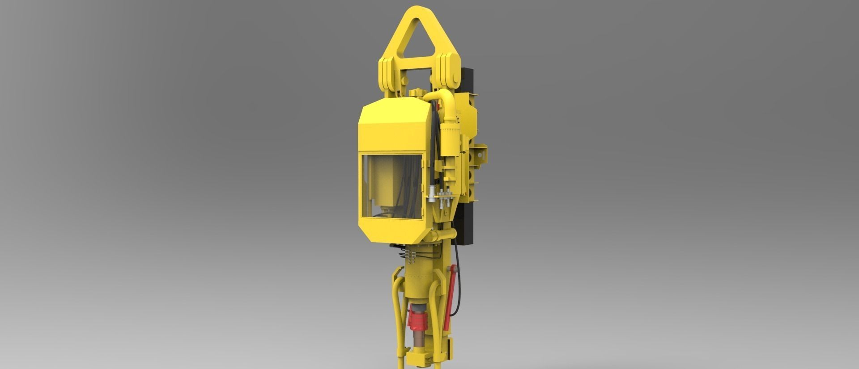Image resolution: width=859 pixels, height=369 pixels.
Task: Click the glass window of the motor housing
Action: point(391,188)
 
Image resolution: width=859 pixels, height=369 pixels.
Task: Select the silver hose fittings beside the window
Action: point(438,197)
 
